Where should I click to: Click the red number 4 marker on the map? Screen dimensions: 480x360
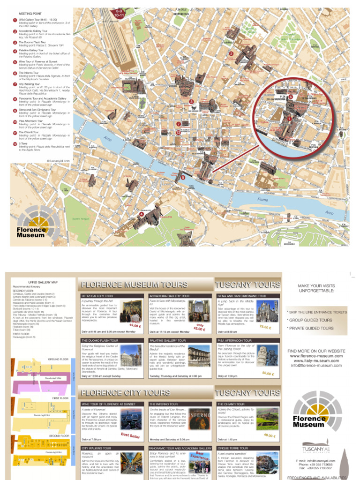[x=141, y=215]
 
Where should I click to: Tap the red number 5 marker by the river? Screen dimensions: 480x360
[x=183, y=178]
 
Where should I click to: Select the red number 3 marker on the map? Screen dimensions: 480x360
[x=191, y=102]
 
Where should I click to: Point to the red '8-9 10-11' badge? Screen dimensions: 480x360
[x=119, y=12]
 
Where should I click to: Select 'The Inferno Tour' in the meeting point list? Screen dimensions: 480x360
[x=29, y=73]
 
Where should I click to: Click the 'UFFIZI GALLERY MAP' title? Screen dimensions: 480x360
[x=43, y=283]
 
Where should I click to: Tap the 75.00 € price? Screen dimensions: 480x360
[x=266, y=327]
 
